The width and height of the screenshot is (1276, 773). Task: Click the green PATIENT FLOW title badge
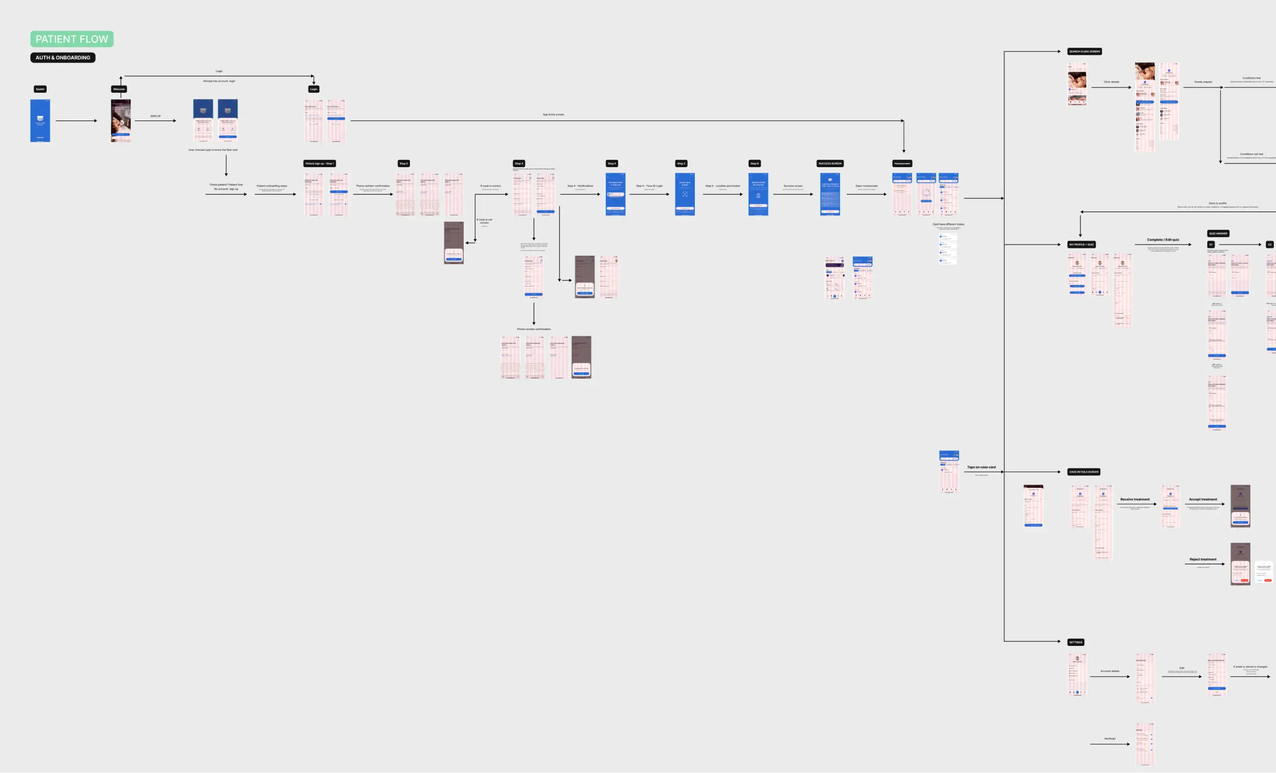(x=71, y=39)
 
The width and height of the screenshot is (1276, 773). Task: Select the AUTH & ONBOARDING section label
(x=63, y=57)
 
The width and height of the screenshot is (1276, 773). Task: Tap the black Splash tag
(x=40, y=89)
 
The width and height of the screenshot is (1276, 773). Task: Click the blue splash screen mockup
(x=40, y=120)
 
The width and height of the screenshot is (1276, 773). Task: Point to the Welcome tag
(x=119, y=89)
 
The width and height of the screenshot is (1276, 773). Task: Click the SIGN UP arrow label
(x=155, y=116)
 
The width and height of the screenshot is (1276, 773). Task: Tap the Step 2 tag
(x=403, y=163)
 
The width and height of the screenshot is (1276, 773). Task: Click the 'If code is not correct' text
(x=484, y=221)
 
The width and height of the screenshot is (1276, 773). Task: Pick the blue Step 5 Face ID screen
(x=685, y=194)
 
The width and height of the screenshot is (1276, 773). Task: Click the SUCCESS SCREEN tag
(x=830, y=163)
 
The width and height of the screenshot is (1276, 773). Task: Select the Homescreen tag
(x=902, y=163)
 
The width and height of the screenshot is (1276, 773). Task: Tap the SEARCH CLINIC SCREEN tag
(x=1084, y=51)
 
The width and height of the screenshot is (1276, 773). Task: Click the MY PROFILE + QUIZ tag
(x=1081, y=245)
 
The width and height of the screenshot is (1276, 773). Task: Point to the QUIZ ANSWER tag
(x=1218, y=234)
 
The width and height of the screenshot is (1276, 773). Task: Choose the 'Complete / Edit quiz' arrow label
(x=1163, y=240)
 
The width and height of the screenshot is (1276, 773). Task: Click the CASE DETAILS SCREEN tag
(x=1083, y=472)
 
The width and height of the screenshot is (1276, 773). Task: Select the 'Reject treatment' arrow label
(x=1203, y=560)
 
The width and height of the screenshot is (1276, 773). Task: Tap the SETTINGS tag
(x=1076, y=642)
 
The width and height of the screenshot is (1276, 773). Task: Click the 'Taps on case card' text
(x=981, y=467)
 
